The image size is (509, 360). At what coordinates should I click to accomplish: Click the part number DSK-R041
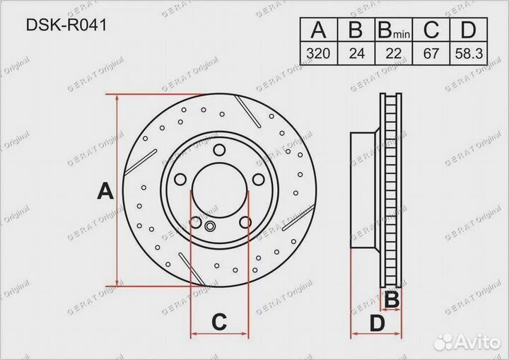[66, 25]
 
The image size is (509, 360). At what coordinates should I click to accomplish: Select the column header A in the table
[318, 30]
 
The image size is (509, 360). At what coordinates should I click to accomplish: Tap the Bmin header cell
[394, 30]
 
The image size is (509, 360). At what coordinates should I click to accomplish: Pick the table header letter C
[431, 30]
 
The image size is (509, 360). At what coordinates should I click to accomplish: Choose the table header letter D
[468, 30]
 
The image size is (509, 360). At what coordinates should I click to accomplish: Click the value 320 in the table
[318, 53]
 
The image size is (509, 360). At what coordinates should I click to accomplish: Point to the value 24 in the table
[357, 53]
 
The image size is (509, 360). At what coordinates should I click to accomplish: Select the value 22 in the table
[394, 53]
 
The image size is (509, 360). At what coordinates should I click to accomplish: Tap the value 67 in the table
[431, 53]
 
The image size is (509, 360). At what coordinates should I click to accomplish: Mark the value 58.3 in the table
[469, 53]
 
